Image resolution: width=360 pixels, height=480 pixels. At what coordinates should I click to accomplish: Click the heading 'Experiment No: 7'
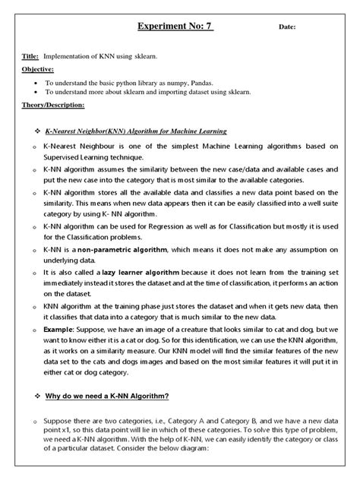click(x=175, y=27)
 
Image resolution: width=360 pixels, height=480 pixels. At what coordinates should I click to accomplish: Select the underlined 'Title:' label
click(x=30, y=56)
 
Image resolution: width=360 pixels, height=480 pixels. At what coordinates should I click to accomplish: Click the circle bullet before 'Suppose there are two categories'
click(x=34, y=420)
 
